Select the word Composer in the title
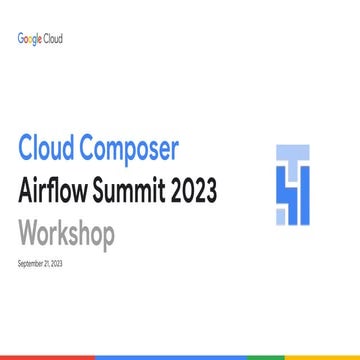(133, 148)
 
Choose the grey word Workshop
(66, 235)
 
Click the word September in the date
(31, 263)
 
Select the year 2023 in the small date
(54, 263)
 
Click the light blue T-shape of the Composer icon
(289, 155)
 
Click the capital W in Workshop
(28, 235)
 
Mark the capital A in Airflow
(26, 191)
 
